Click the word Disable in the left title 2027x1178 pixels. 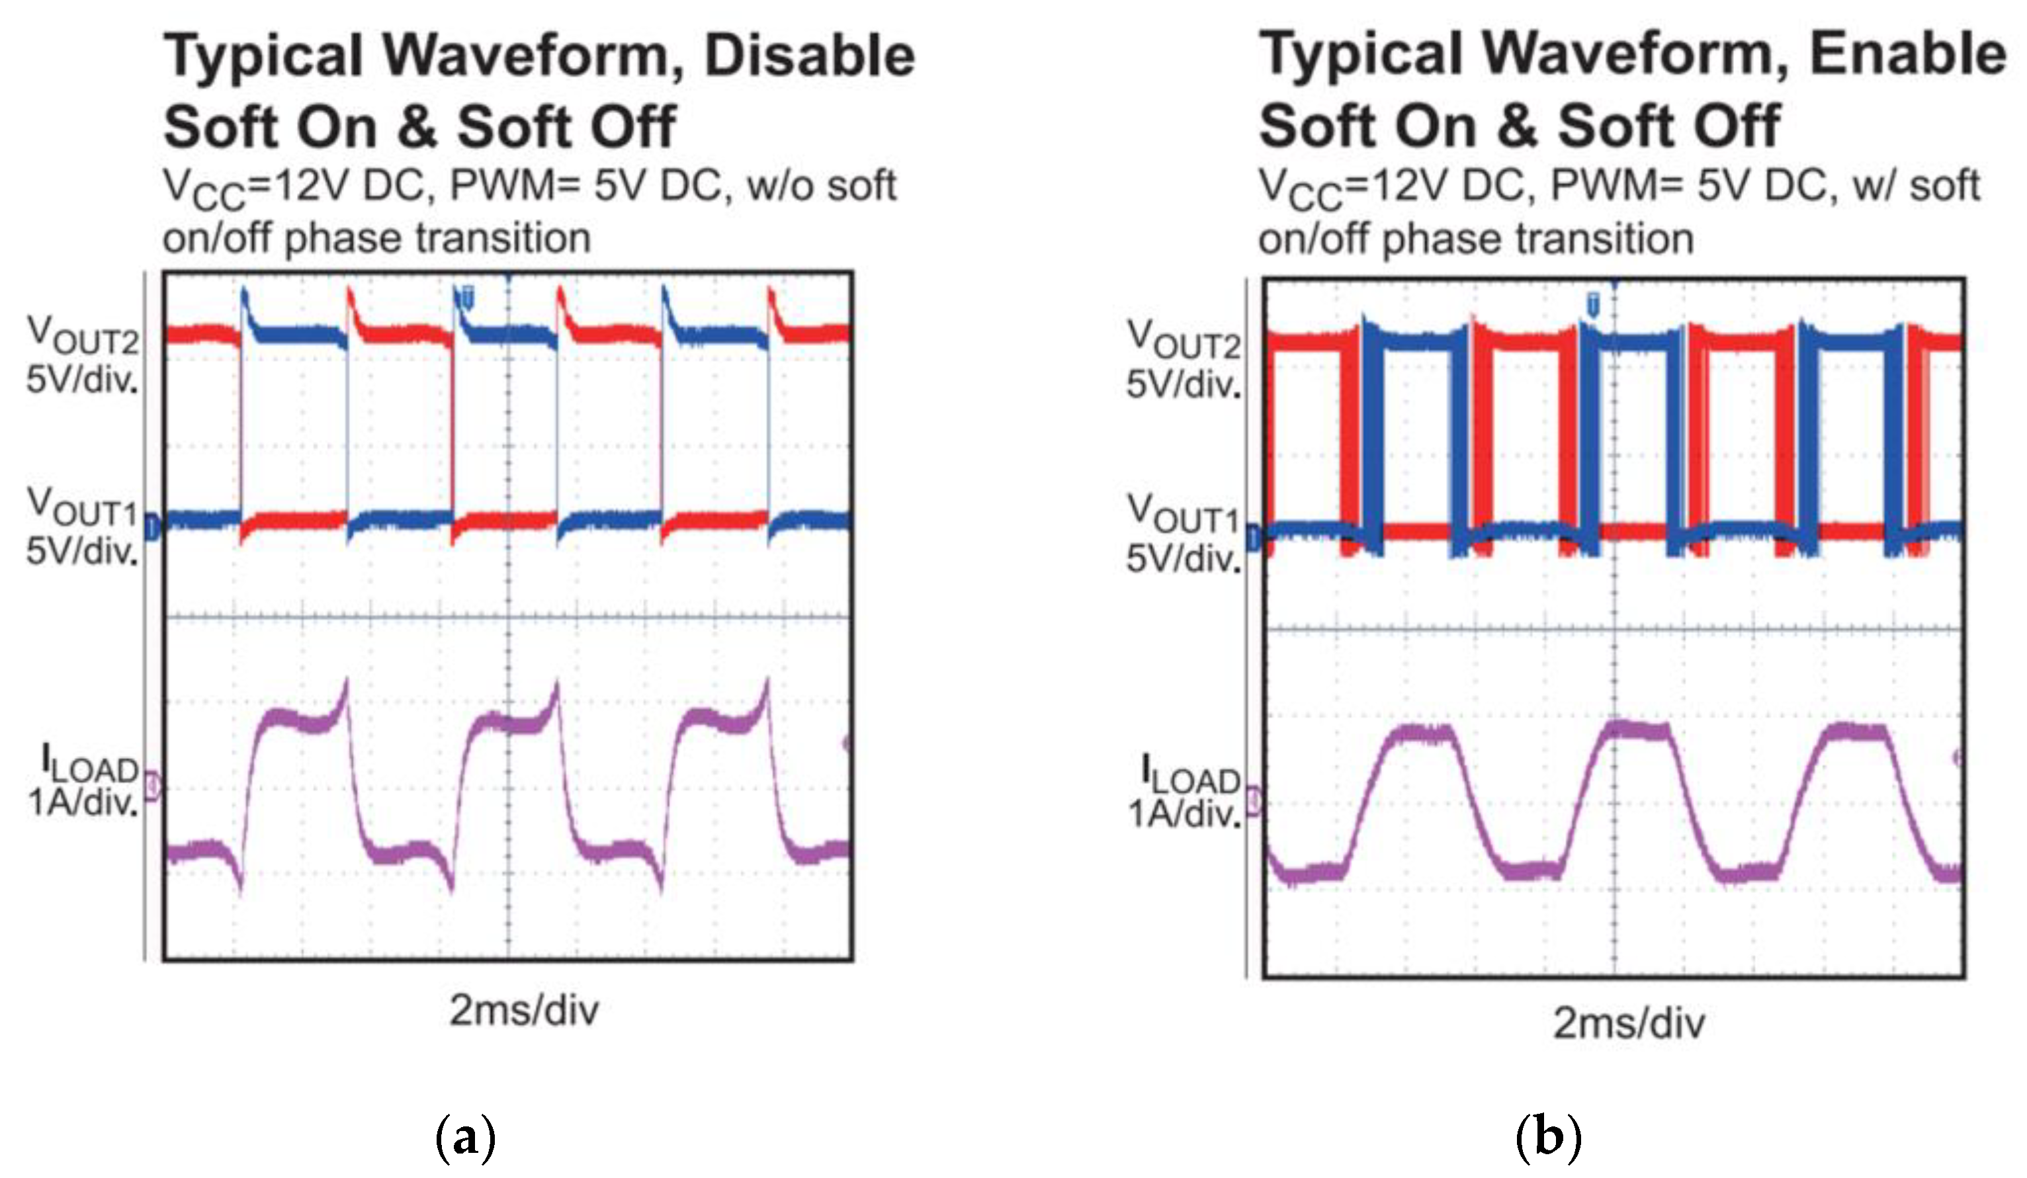tap(809, 56)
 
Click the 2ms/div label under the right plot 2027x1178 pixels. tap(1629, 1024)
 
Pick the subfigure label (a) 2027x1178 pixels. tap(465, 1137)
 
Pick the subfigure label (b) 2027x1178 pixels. tap(1549, 1137)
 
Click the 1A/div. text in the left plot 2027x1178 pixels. tap(83, 802)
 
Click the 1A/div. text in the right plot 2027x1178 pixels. tap(1184, 815)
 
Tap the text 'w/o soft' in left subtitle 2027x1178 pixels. tap(821, 187)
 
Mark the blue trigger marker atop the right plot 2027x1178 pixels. tap(1592, 305)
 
